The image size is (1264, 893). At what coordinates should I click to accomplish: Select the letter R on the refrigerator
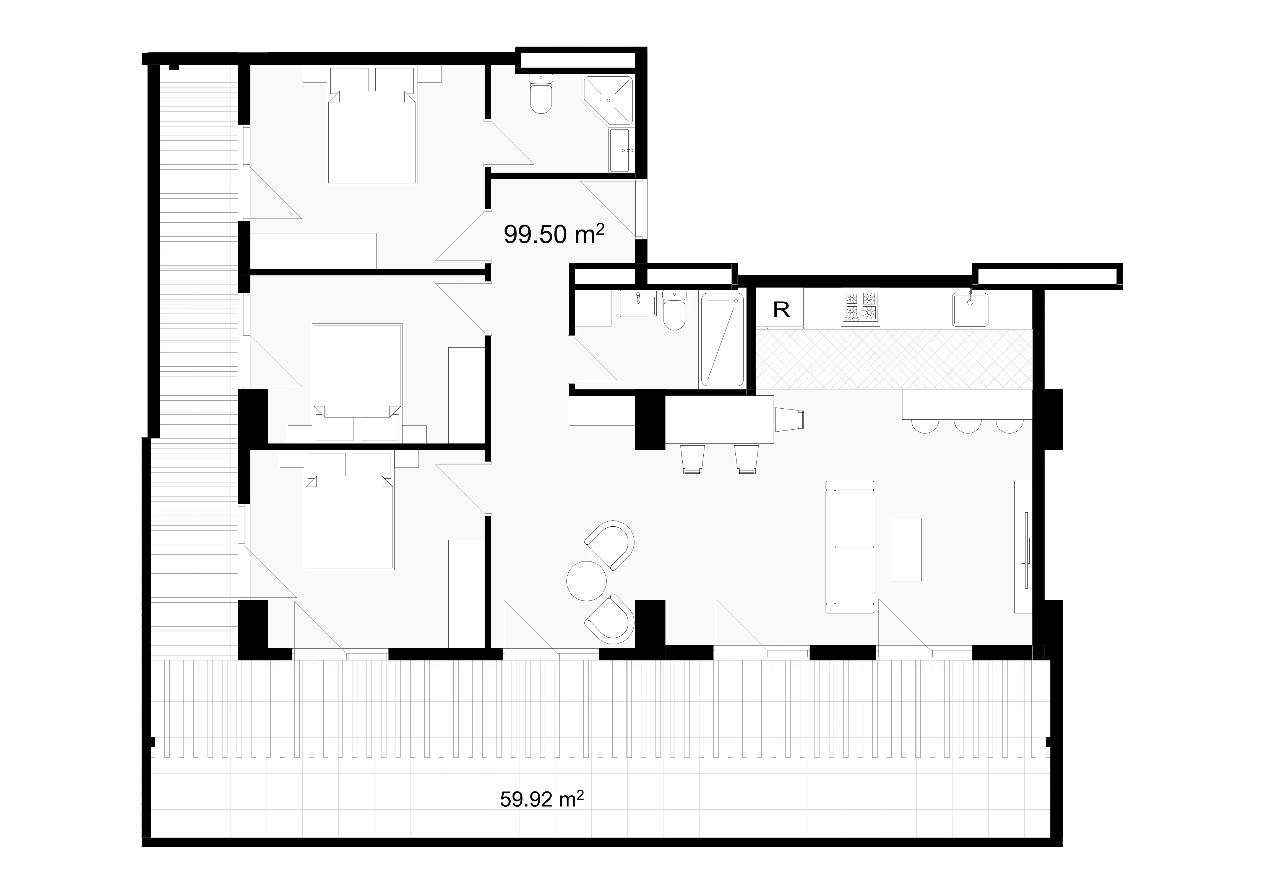coord(781,310)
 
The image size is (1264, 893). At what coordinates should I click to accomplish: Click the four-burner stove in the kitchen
coord(860,306)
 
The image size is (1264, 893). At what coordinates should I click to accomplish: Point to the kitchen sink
coord(970,309)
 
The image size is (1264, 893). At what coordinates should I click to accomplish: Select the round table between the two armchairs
coord(587,581)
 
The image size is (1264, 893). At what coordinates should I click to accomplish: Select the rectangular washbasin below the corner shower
coord(621,150)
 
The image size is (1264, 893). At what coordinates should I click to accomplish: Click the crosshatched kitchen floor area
coord(894,359)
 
